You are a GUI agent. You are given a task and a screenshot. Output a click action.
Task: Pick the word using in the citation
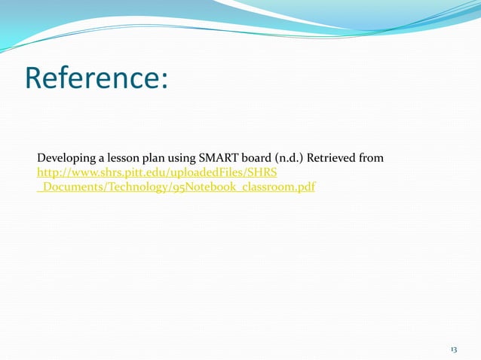point(182,158)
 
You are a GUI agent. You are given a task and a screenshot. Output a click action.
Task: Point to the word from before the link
point(372,158)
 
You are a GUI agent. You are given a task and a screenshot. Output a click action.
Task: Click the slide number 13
point(454,349)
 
